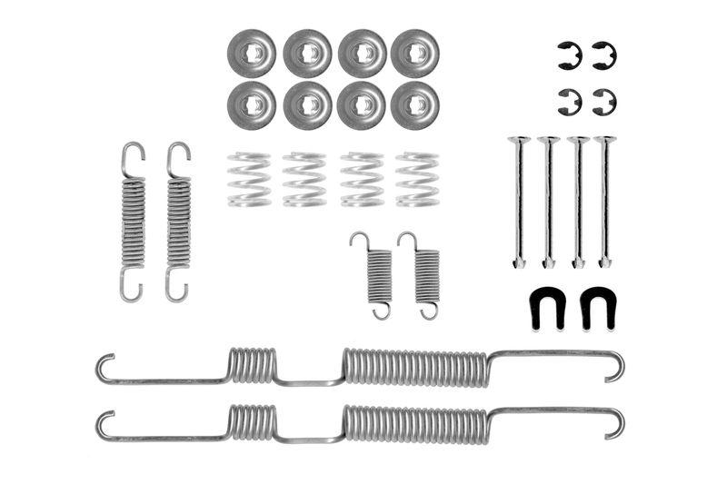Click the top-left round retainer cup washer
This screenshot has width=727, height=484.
252,53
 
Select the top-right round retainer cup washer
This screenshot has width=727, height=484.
415,53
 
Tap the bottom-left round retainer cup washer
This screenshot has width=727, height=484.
252,105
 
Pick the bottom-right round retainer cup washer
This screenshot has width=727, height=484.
415,105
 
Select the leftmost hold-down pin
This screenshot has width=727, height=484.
519,200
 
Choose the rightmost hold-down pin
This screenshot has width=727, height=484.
605,200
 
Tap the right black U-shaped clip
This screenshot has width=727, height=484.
597,309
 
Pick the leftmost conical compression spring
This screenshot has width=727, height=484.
249,179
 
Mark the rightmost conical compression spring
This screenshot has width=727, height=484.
417,179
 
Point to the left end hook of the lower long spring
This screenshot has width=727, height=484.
105,424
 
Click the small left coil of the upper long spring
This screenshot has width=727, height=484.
252,365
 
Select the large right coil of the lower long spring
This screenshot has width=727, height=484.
415,423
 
